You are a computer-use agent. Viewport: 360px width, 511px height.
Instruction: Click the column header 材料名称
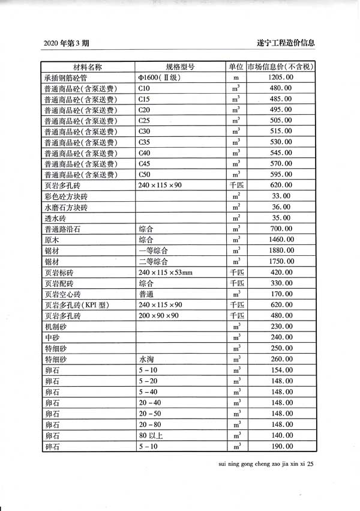(x=88, y=67)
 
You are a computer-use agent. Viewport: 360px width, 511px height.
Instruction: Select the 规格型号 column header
(x=180, y=67)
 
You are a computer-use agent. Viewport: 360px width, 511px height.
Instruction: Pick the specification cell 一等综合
(x=153, y=250)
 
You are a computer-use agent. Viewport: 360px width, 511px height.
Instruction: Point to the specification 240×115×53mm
(x=166, y=272)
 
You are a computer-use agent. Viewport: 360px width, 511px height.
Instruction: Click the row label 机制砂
(x=57, y=327)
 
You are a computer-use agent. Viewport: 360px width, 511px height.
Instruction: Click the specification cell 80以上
(x=149, y=435)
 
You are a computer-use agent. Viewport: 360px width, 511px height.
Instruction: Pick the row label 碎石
(x=53, y=446)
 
